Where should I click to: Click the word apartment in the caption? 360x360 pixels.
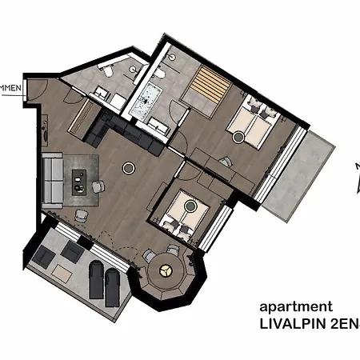(294, 306)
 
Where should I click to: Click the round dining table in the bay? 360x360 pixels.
(168, 271)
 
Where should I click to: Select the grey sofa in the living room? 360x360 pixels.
(54, 178)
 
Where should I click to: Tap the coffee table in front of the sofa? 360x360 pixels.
(81, 179)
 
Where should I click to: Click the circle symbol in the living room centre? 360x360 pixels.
(127, 168)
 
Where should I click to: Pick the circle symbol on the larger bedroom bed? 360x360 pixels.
(238, 137)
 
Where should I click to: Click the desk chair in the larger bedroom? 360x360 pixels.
(226, 162)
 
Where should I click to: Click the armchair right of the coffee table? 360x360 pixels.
(98, 187)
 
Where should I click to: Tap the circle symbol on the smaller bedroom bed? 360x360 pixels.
(190, 205)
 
